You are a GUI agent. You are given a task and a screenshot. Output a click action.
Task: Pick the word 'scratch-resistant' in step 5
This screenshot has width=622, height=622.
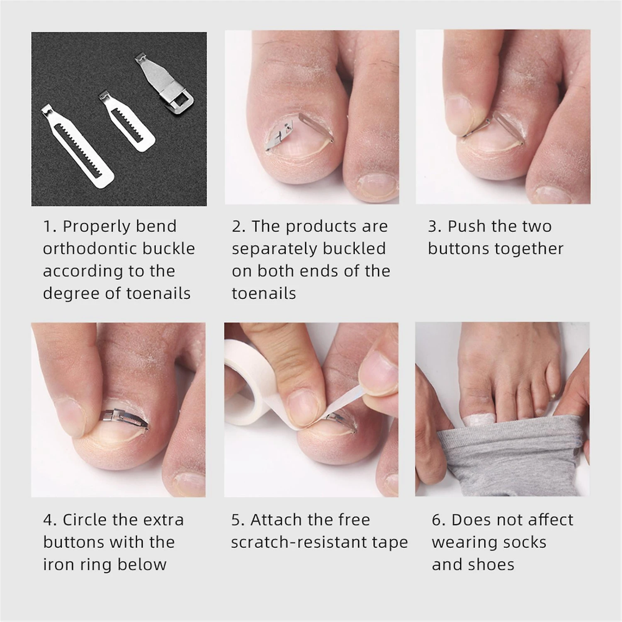tap(312, 542)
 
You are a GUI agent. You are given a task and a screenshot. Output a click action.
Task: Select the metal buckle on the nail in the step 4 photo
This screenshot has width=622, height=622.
tap(124, 416)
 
